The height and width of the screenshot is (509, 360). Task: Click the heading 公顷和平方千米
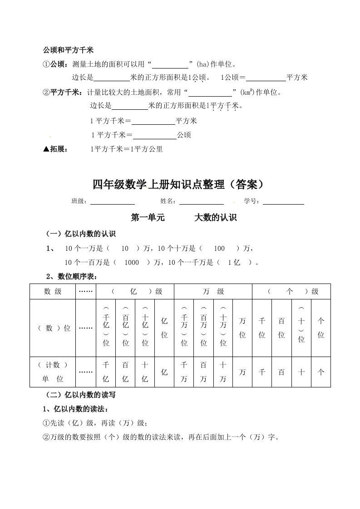[68, 49]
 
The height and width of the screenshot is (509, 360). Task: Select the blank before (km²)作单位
[210, 93]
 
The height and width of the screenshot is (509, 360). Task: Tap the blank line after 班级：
[112, 201]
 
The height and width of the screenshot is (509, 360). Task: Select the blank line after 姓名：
[201, 201]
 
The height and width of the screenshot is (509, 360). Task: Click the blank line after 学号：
[283, 201]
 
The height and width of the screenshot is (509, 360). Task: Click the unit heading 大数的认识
[216, 218]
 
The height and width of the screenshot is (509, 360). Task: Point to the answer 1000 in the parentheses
[131, 262]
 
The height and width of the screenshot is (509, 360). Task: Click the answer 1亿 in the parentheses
[234, 262]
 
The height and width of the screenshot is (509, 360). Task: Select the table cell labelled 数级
[53, 292]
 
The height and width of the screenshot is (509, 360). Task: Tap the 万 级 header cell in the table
[213, 292]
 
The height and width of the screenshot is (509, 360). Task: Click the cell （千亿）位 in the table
[106, 328]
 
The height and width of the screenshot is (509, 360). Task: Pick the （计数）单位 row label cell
[53, 372]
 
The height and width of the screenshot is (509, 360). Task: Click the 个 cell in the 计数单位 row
[321, 372]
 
